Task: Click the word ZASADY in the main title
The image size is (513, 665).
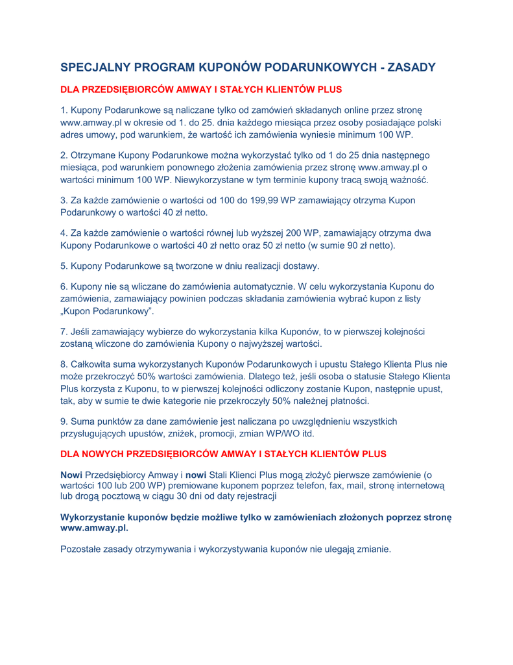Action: (x=408, y=67)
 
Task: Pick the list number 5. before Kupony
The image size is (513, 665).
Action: (x=64, y=265)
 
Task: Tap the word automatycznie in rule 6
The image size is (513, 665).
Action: (x=320, y=285)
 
